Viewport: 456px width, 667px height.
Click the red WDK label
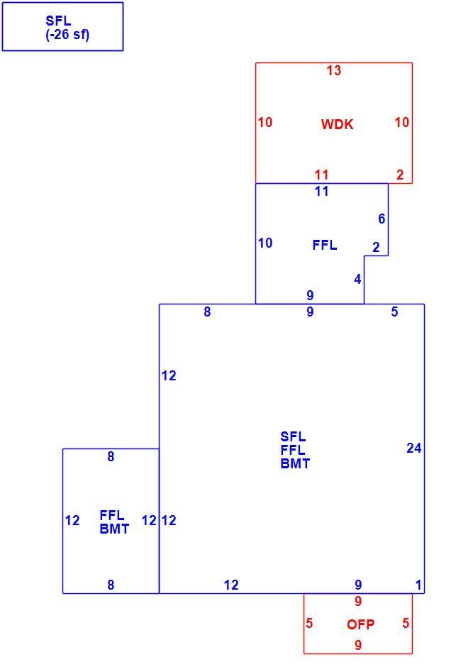pyautogui.click(x=337, y=124)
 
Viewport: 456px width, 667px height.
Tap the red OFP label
pyautogui.click(x=360, y=624)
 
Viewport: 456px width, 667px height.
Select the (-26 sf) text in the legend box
pyautogui.click(x=67, y=35)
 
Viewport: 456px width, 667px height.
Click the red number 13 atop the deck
pyautogui.click(x=333, y=71)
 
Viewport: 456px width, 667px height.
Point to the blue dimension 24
pyautogui.click(x=414, y=448)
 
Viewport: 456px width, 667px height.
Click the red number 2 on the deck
pyautogui.click(x=400, y=175)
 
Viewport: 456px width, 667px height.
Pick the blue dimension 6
pyautogui.click(x=382, y=219)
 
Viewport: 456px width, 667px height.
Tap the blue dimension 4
pyautogui.click(x=357, y=280)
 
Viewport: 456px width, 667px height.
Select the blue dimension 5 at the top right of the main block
pyautogui.click(x=394, y=312)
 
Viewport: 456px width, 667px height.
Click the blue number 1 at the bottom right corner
pyautogui.click(x=418, y=585)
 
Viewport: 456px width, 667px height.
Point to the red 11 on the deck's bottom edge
pyautogui.click(x=322, y=175)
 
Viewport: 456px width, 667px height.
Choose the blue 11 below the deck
pyautogui.click(x=322, y=192)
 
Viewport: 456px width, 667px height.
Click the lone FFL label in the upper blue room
pyautogui.click(x=325, y=245)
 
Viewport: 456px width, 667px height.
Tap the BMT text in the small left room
pyautogui.click(x=114, y=529)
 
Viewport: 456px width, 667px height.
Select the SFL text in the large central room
pyautogui.click(x=293, y=436)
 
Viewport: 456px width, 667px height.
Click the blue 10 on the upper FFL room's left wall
pyautogui.click(x=265, y=243)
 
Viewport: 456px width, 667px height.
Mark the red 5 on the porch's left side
pyautogui.click(x=309, y=623)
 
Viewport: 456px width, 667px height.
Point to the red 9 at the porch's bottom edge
pyautogui.click(x=358, y=645)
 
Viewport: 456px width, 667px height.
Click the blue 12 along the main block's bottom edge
pyautogui.click(x=231, y=585)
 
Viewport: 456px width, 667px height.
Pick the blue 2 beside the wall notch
pyautogui.click(x=376, y=247)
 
